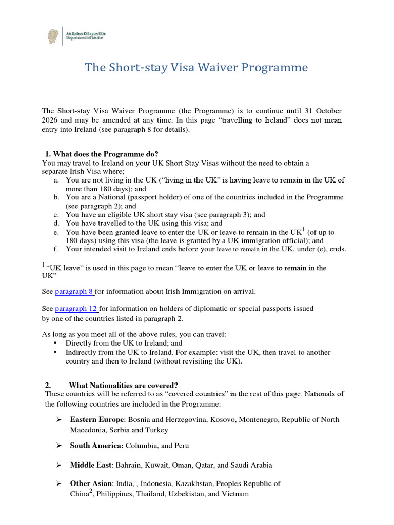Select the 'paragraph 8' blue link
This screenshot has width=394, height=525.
74,291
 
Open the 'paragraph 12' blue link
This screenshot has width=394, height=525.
76,308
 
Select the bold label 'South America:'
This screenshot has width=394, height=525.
96,446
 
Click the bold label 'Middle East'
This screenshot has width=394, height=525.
91,465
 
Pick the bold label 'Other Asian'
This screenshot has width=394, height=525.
91,483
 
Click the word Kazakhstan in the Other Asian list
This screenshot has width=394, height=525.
194,483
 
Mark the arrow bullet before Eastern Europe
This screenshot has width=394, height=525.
58,420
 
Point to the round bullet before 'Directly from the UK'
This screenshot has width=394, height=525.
55,343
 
